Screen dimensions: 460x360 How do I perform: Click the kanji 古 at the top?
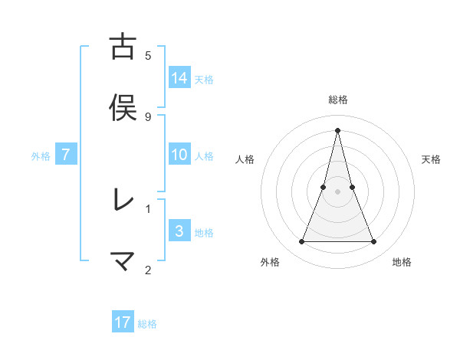123,47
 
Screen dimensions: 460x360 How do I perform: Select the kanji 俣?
123,108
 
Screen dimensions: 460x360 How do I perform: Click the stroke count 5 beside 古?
148,56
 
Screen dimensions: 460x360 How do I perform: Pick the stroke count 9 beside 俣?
148,116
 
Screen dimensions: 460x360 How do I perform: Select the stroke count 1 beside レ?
148,208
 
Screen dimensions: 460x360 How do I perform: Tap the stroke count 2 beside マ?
148,269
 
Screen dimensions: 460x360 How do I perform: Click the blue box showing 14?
179,77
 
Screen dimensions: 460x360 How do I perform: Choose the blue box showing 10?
179,155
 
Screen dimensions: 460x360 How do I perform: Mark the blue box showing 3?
179,231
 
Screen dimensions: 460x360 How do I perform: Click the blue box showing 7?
67,155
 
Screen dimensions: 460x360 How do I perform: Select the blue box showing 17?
123,322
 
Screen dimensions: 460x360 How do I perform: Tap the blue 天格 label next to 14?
204,79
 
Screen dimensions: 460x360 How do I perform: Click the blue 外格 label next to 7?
41,156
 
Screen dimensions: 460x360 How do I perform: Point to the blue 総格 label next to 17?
147,324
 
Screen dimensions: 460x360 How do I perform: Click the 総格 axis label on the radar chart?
337,100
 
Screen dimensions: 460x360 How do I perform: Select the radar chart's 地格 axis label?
402,262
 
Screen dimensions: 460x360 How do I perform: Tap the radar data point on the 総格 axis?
337,130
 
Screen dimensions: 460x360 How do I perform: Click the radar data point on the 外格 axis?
301,242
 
